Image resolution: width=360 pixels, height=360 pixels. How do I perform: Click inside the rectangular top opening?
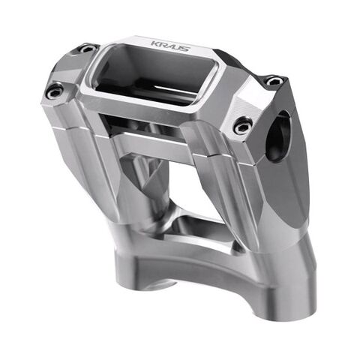click(x=150, y=75)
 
